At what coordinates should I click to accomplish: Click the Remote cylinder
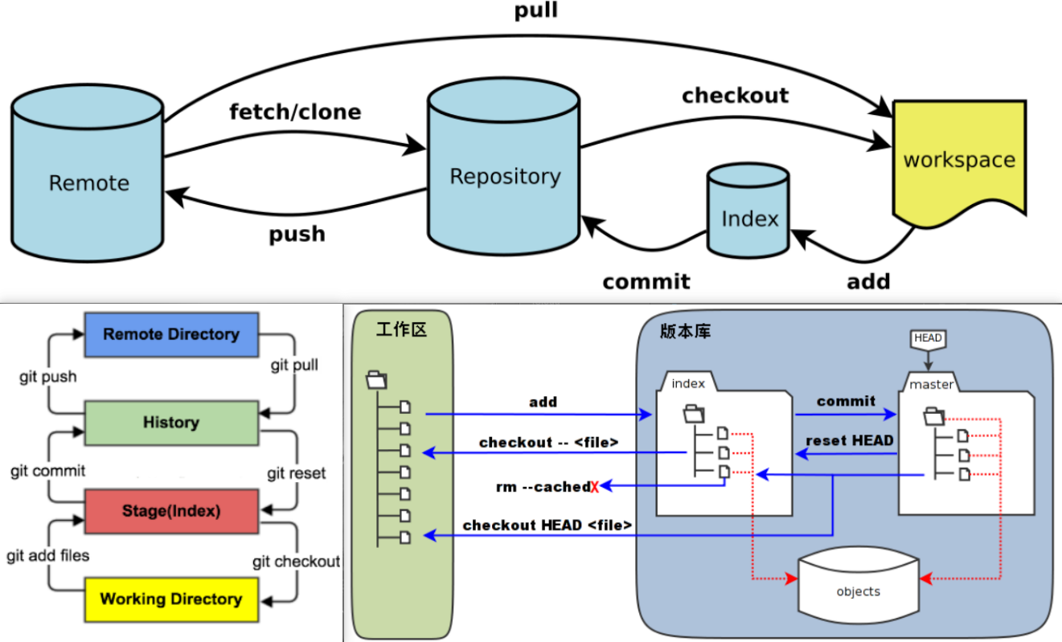tap(88, 182)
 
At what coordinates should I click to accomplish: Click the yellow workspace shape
tap(959, 158)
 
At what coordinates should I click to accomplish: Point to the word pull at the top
tap(535, 10)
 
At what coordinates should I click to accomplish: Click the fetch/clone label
tap(295, 111)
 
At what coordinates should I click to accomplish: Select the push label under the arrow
tap(297, 234)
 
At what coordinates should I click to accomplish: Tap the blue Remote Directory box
tap(170, 334)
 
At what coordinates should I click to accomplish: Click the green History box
tap(170, 423)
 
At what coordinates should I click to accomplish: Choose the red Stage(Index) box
tap(170, 511)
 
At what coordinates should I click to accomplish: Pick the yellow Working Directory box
tap(170, 599)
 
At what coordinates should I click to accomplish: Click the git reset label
tap(297, 473)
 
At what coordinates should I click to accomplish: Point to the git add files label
tap(47, 555)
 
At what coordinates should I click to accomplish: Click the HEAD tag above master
tap(927, 338)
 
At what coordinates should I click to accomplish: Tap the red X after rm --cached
tap(595, 487)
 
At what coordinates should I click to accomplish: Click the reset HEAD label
tap(848, 440)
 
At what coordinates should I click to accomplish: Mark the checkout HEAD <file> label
tap(547, 525)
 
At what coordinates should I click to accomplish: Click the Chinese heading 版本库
tap(685, 331)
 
